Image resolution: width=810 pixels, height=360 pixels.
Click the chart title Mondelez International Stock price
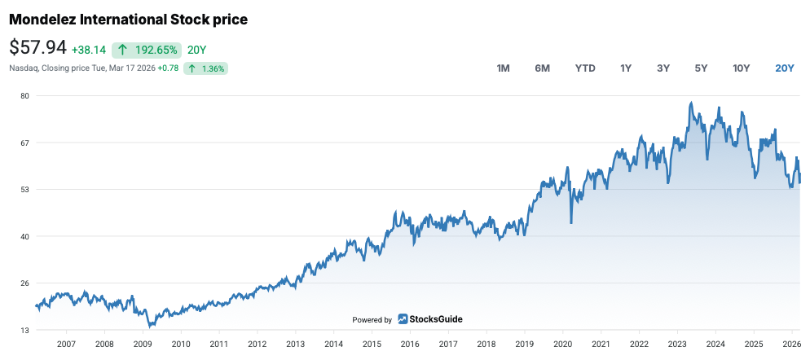128,19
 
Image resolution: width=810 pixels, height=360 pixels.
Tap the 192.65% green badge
147,50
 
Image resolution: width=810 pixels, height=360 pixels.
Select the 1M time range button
503,68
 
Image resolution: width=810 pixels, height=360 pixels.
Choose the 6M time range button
542,68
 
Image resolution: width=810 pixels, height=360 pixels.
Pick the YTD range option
585,68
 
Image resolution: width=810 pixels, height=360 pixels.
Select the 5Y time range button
701,68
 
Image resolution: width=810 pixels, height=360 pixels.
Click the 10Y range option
741,68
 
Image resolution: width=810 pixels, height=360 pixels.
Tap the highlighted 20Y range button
784,68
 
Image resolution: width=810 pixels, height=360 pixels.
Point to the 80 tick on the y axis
24,96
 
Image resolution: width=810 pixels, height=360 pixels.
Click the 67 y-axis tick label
24,143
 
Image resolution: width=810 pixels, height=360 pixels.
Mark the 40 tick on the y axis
24,237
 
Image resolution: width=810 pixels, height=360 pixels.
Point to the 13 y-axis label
24,331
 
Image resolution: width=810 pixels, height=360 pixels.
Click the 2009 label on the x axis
143,345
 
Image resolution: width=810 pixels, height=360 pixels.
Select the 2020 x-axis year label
562,345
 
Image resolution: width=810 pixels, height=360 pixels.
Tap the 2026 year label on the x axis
791,345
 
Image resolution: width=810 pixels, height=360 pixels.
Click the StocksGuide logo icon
403,319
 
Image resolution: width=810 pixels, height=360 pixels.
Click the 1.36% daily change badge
205,68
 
